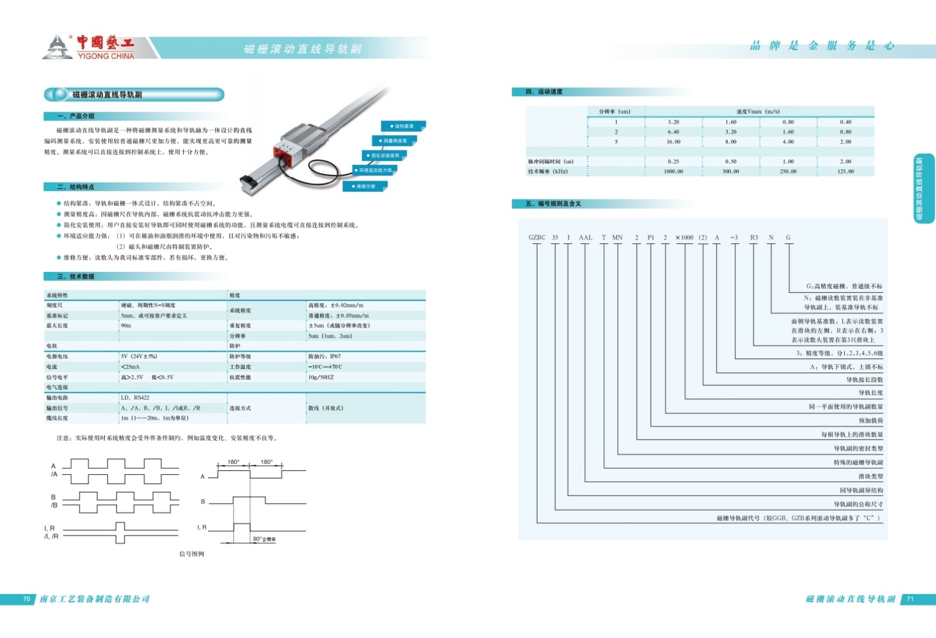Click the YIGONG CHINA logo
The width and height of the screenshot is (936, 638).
(89, 47)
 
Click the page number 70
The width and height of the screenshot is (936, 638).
(26, 599)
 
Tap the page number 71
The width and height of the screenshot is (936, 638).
(910, 599)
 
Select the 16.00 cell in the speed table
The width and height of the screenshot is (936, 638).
(673, 142)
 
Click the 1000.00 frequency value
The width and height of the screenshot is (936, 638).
(673, 171)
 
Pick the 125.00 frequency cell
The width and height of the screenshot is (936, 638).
(845, 171)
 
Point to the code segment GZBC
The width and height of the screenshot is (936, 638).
(536, 237)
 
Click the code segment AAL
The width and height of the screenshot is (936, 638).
(585, 237)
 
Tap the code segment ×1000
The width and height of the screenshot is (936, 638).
(684, 237)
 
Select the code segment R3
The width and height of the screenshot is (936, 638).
(753, 237)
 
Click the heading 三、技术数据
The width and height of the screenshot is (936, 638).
(75, 277)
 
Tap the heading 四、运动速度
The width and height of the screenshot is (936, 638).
(543, 92)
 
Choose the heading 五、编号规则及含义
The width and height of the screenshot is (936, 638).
(553, 204)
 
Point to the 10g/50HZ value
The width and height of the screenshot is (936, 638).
(321, 377)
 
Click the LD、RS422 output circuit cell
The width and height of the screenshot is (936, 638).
(135, 398)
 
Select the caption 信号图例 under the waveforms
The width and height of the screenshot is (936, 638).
(191, 554)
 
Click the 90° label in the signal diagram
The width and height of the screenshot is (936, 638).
(263, 539)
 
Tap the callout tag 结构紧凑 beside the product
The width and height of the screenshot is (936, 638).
(403, 126)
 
